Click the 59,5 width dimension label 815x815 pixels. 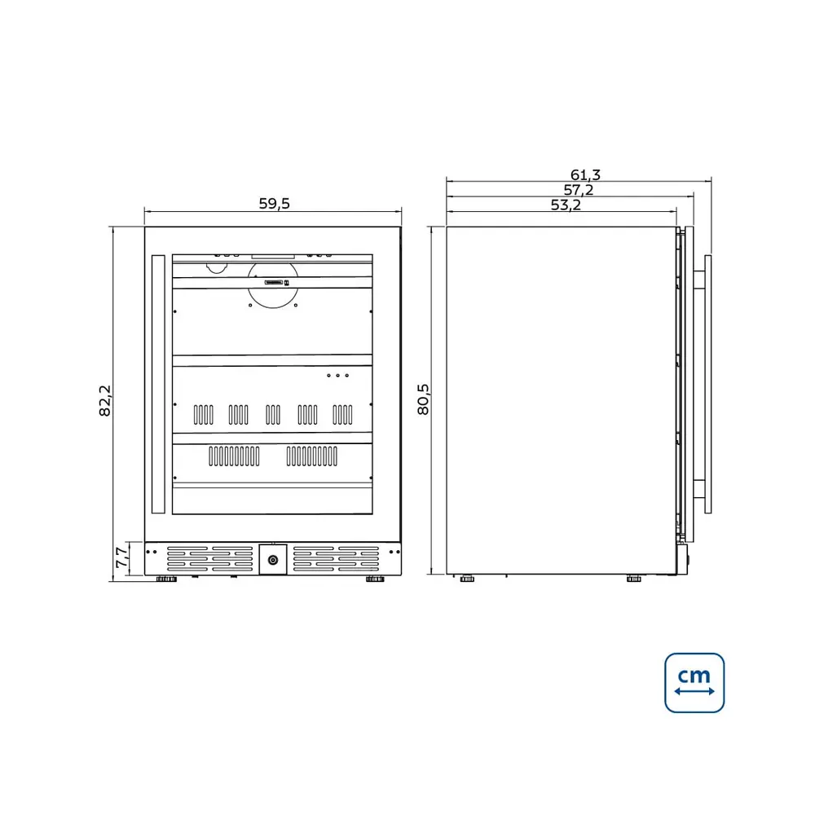(x=275, y=204)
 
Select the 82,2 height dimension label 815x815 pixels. (x=105, y=401)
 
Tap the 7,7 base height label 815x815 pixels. (x=121, y=557)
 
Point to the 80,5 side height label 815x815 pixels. (x=424, y=399)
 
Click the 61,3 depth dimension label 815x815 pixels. (x=585, y=174)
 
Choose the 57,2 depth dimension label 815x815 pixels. (x=579, y=190)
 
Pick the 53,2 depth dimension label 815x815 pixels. (x=566, y=205)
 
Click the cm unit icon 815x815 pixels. (x=694, y=683)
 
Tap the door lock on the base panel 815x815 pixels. (x=273, y=560)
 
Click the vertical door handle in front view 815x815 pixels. (x=158, y=384)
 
